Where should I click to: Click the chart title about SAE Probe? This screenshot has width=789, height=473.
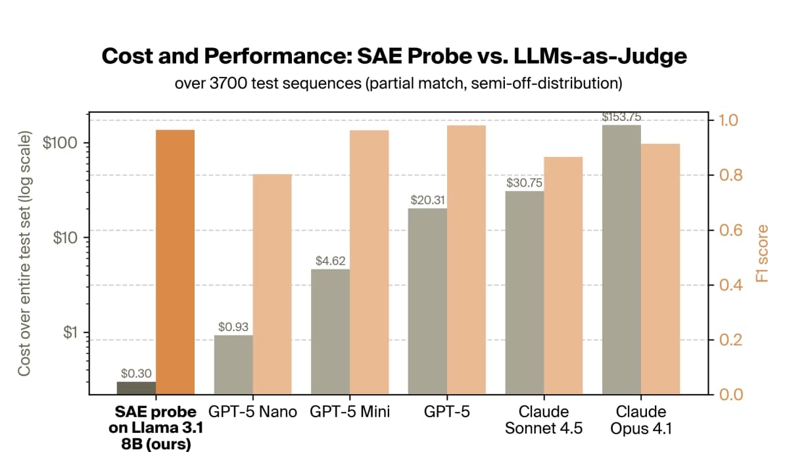coord(394,56)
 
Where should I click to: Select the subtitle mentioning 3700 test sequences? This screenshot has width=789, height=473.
coord(394,85)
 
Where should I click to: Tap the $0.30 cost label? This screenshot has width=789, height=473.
coord(137,373)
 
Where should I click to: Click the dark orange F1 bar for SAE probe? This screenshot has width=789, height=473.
coord(175,263)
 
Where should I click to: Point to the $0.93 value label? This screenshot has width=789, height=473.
coord(233,327)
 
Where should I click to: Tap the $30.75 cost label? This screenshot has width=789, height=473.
coord(525,183)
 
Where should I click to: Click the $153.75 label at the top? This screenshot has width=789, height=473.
coord(621,117)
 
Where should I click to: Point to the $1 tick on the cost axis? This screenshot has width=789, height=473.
coord(68,332)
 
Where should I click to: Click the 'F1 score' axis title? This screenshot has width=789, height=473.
coord(761,254)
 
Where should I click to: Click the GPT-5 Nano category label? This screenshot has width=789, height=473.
coord(252,413)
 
